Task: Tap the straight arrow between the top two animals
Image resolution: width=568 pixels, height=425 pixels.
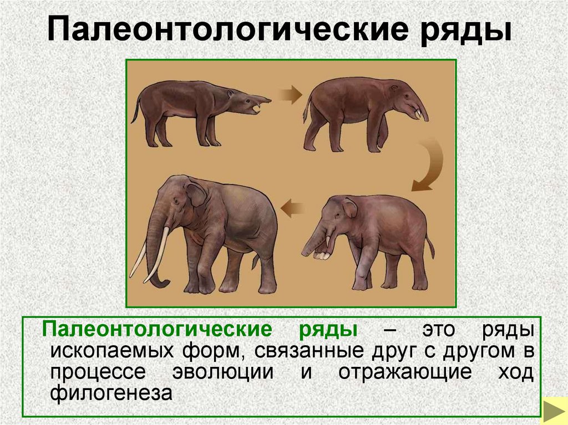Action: [289, 95]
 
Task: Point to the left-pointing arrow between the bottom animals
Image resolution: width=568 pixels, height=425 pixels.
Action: [293, 209]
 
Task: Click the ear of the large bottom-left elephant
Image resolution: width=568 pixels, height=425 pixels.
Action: [195, 193]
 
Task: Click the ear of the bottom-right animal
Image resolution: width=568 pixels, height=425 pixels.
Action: [349, 207]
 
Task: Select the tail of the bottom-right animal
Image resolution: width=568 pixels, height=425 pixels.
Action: [430, 247]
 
